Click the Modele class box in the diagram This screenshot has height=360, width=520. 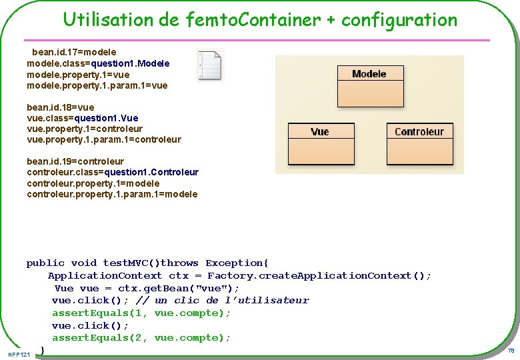click(x=369, y=74)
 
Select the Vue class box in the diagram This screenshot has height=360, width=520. click(x=319, y=132)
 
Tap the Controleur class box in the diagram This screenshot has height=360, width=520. click(x=419, y=132)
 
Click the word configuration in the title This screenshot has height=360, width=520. click(x=399, y=20)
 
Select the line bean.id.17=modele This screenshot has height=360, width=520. click(x=74, y=52)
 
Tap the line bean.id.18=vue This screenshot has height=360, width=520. click(x=61, y=107)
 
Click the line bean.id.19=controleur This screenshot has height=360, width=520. click(x=75, y=161)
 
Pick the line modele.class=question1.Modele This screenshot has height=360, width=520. click(x=98, y=63)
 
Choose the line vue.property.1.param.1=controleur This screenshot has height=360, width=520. click(x=104, y=139)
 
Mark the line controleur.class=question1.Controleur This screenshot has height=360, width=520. click(x=113, y=172)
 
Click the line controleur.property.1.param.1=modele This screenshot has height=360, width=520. click(x=112, y=194)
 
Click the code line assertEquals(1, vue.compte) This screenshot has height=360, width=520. click(x=141, y=313)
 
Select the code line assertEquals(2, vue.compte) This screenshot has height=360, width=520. click(x=141, y=338)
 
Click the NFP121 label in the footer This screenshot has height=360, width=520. click(x=20, y=353)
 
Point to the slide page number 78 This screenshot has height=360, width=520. click(x=511, y=351)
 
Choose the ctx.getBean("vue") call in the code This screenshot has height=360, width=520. click(x=178, y=288)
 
